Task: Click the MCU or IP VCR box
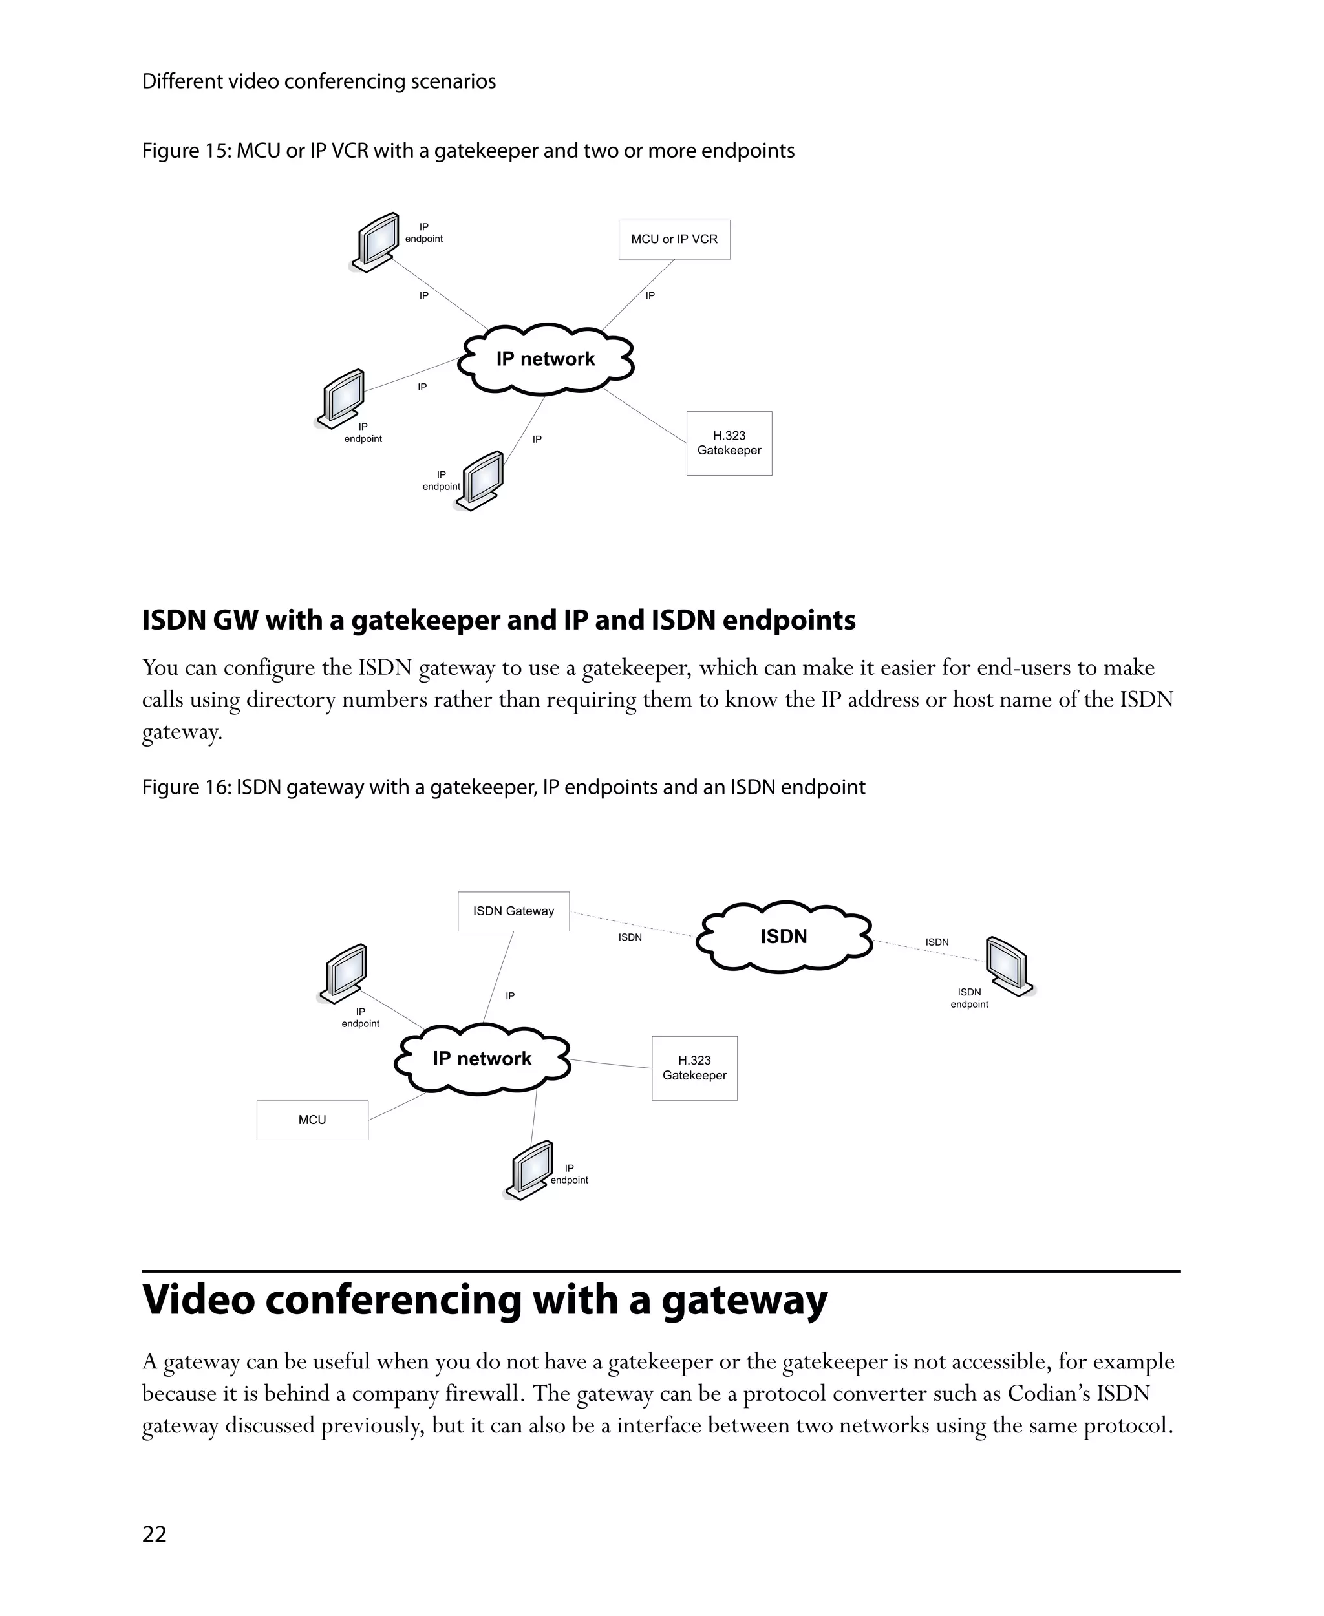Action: (x=674, y=239)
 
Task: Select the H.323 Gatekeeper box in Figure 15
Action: (x=729, y=443)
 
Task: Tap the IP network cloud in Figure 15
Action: (x=546, y=359)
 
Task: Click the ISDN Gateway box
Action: (x=513, y=911)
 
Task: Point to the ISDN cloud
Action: (x=784, y=937)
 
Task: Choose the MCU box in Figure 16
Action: (x=312, y=1120)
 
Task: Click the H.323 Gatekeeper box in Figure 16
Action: (x=694, y=1068)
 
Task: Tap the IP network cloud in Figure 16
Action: (x=482, y=1059)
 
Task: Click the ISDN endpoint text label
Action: (x=968, y=998)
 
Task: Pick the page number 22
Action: (x=154, y=1535)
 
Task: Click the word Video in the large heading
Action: (x=198, y=1301)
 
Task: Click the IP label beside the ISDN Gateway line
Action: (x=509, y=996)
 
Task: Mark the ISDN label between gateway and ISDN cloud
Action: (x=630, y=937)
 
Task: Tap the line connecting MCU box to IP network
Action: (x=398, y=1107)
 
